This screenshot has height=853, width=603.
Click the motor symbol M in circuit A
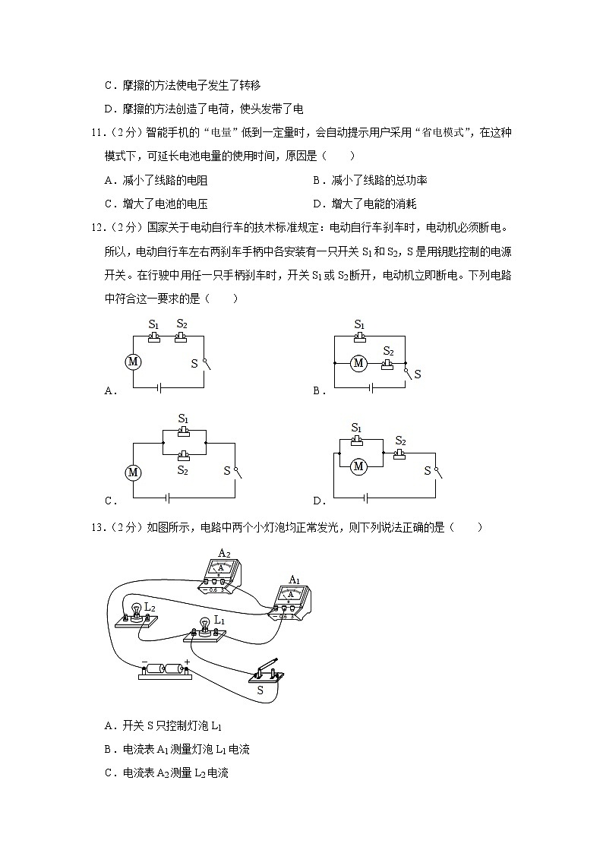click(x=134, y=362)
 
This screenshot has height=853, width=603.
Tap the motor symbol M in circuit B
click(x=358, y=364)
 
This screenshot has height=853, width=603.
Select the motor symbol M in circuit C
click(x=134, y=473)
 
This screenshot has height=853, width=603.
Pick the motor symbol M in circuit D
click(x=358, y=466)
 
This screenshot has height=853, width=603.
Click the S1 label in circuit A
click(x=153, y=324)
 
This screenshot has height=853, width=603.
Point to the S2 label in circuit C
click(x=183, y=471)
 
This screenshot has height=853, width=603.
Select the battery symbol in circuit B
click(x=370, y=387)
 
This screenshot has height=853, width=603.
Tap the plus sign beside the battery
click(x=187, y=661)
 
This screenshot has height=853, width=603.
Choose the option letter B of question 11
click(x=317, y=181)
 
